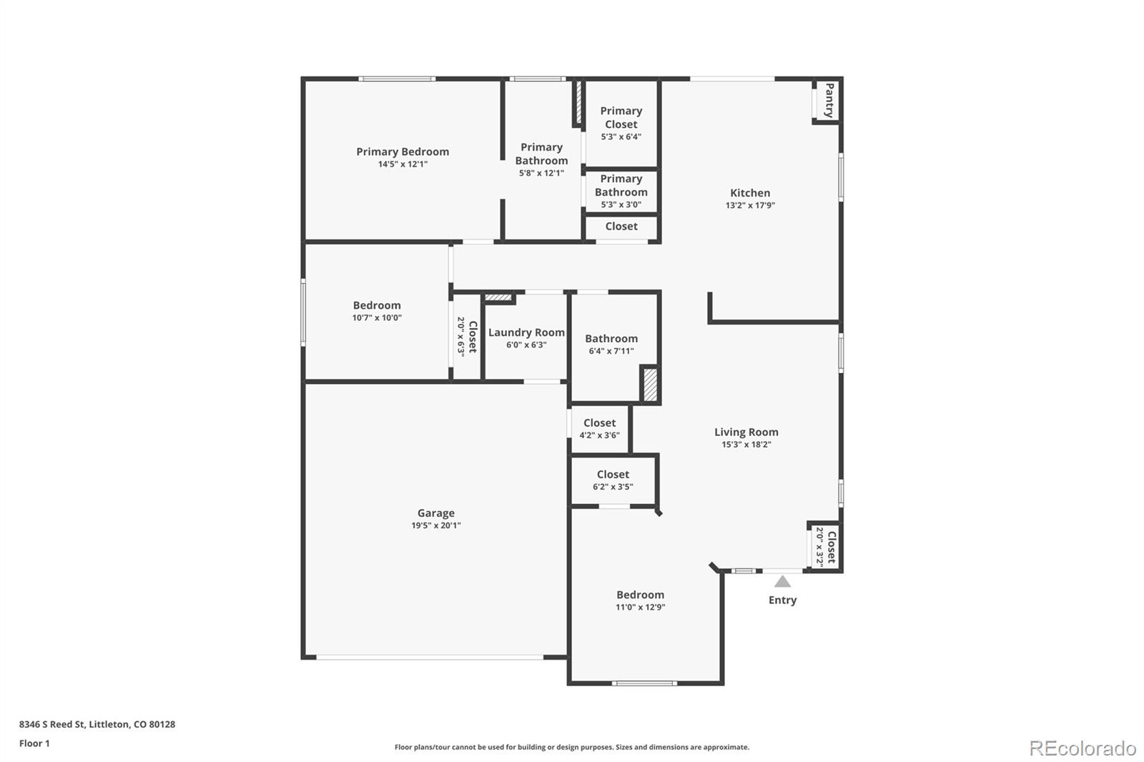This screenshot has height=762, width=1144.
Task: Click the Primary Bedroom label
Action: [403, 152]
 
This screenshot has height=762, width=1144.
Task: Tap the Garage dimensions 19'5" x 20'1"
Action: [435, 525]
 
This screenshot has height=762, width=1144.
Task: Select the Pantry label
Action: [829, 100]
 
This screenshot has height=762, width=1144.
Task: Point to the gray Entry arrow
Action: [782, 581]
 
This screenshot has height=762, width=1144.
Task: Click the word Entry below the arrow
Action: [782, 600]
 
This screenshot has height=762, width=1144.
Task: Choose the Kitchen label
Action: [750, 193]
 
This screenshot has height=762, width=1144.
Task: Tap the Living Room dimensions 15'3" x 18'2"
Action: [746, 445]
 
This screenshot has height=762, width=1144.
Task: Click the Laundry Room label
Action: [526, 332]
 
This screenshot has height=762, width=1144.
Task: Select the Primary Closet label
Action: [621, 117]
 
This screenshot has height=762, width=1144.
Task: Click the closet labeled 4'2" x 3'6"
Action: [599, 428]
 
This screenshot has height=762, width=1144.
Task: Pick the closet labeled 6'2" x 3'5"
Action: [613, 480]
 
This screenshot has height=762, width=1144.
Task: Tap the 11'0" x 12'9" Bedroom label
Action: [640, 595]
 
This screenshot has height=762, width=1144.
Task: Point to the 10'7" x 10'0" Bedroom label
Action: [377, 305]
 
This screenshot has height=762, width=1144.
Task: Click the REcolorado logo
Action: [1083, 748]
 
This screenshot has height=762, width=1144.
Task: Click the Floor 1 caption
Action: [34, 743]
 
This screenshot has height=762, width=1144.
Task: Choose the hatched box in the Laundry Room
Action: [498, 297]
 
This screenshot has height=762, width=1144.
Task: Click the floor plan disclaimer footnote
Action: [572, 747]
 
